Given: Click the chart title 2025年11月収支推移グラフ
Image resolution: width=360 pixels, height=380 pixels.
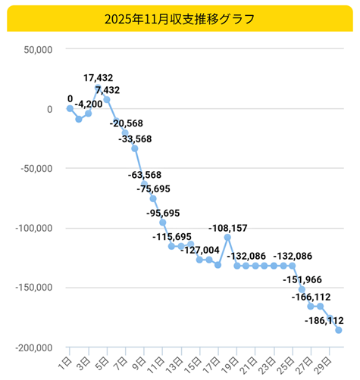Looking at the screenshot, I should click(180, 17).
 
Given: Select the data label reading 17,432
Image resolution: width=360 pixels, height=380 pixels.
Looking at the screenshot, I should click(104, 78).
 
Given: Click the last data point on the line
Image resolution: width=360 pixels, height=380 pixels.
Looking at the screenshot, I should click(339, 330).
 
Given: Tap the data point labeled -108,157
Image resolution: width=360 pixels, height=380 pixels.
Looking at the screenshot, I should click(227, 238).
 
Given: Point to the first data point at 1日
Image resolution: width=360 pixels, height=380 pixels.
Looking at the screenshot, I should click(70, 108).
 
